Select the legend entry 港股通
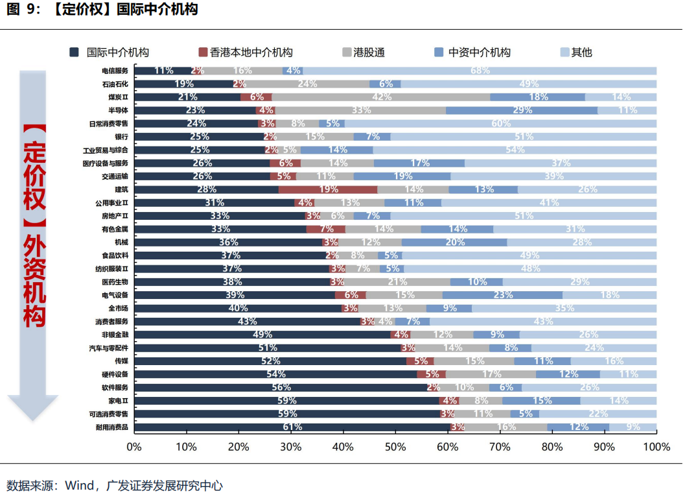click(x=367, y=53)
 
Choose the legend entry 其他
click(x=581, y=53)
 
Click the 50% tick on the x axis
click(x=395, y=447)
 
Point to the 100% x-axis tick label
click(x=656, y=447)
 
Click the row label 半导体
click(x=119, y=110)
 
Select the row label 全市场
click(x=118, y=309)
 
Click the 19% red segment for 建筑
click(x=328, y=189)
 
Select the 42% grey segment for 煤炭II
click(x=381, y=97)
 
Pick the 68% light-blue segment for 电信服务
click(x=480, y=71)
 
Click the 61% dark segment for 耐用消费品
click(x=292, y=427)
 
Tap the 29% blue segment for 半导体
click(x=522, y=110)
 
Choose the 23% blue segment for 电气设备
click(x=502, y=295)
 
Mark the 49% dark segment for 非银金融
click(x=262, y=335)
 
